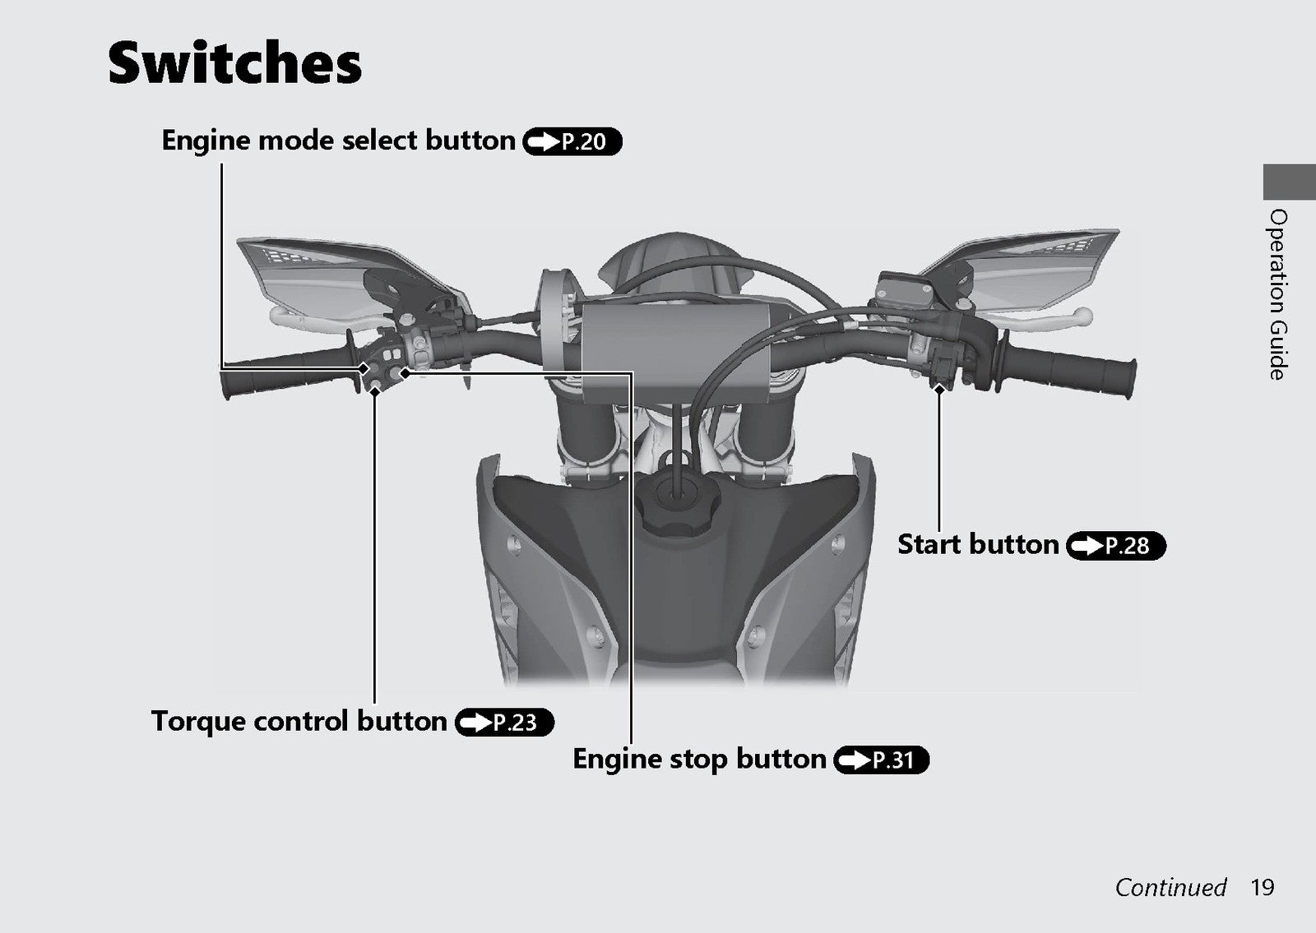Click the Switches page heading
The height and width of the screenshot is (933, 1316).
[x=234, y=62]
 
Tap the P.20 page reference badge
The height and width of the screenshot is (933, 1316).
[x=572, y=141]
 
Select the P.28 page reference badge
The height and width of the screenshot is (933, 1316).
[x=1115, y=546]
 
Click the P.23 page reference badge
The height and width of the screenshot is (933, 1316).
[x=504, y=723]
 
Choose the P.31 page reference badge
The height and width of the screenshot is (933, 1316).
[x=881, y=760]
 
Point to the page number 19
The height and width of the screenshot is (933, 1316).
[x=1262, y=887]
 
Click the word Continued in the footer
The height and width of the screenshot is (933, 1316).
[x=1170, y=887]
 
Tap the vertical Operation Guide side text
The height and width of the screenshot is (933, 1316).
[x=1278, y=294]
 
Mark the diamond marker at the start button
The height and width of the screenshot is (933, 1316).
[x=938, y=389]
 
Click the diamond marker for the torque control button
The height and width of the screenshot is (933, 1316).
[x=374, y=390]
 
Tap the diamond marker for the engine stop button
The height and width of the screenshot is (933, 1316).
[x=405, y=372]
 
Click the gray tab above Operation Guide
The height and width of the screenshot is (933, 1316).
[x=1289, y=182]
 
